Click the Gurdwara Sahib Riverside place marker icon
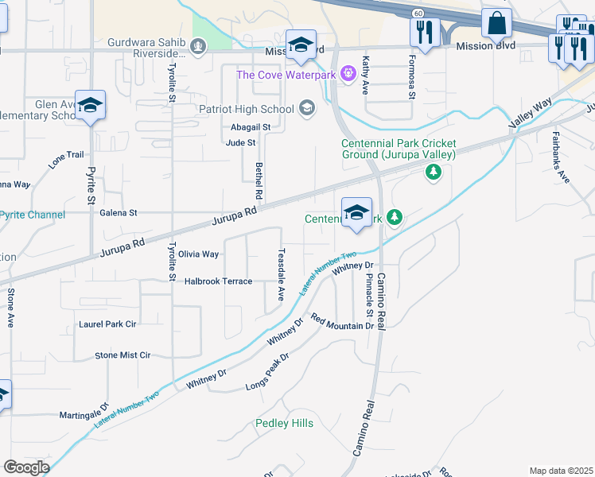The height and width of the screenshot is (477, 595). pos(198,47)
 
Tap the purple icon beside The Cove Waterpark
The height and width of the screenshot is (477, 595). pos(348,75)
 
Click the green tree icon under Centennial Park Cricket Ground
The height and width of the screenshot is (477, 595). pos(433,172)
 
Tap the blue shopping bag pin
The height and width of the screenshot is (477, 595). pos(496,24)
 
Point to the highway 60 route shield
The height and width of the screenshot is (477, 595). pos(418,13)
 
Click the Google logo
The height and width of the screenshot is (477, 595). pos(26,467)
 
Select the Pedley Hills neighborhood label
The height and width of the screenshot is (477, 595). pos(284,423)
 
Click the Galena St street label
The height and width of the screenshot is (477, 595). pos(119,213)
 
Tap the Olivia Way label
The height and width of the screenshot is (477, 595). pos(198,254)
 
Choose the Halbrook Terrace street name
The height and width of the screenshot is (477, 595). pos(218,281)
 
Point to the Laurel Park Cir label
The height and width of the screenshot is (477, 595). pos(107,324)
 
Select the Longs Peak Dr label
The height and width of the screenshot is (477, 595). pos(267,371)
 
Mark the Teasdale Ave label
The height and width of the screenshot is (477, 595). pos(280,274)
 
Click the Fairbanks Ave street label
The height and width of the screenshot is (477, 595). pos(561,157)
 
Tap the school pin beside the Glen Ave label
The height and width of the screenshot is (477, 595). pos(90,107)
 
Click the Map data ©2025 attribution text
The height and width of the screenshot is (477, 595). pos(561,471)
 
